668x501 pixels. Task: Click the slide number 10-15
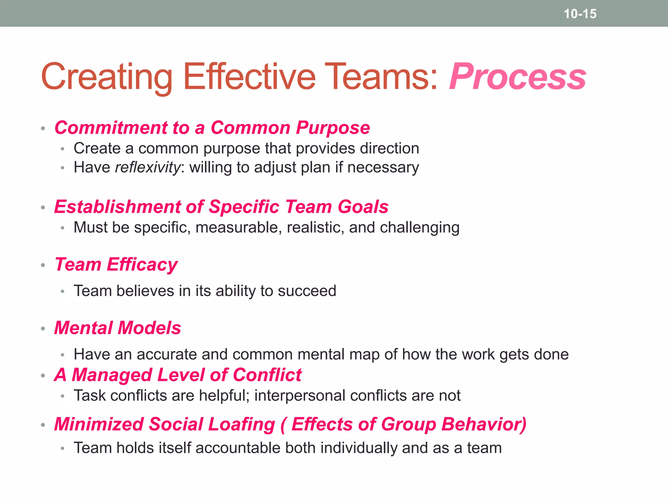click(580, 14)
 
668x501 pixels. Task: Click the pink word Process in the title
click(518, 77)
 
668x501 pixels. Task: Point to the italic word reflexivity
click(147, 168)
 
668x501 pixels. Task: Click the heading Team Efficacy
click(116, 265)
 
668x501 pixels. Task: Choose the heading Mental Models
click(117, 328)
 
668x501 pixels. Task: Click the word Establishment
click(117, 207)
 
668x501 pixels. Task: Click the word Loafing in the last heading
click(241, 424)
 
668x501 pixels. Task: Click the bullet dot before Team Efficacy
click(43, 265)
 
